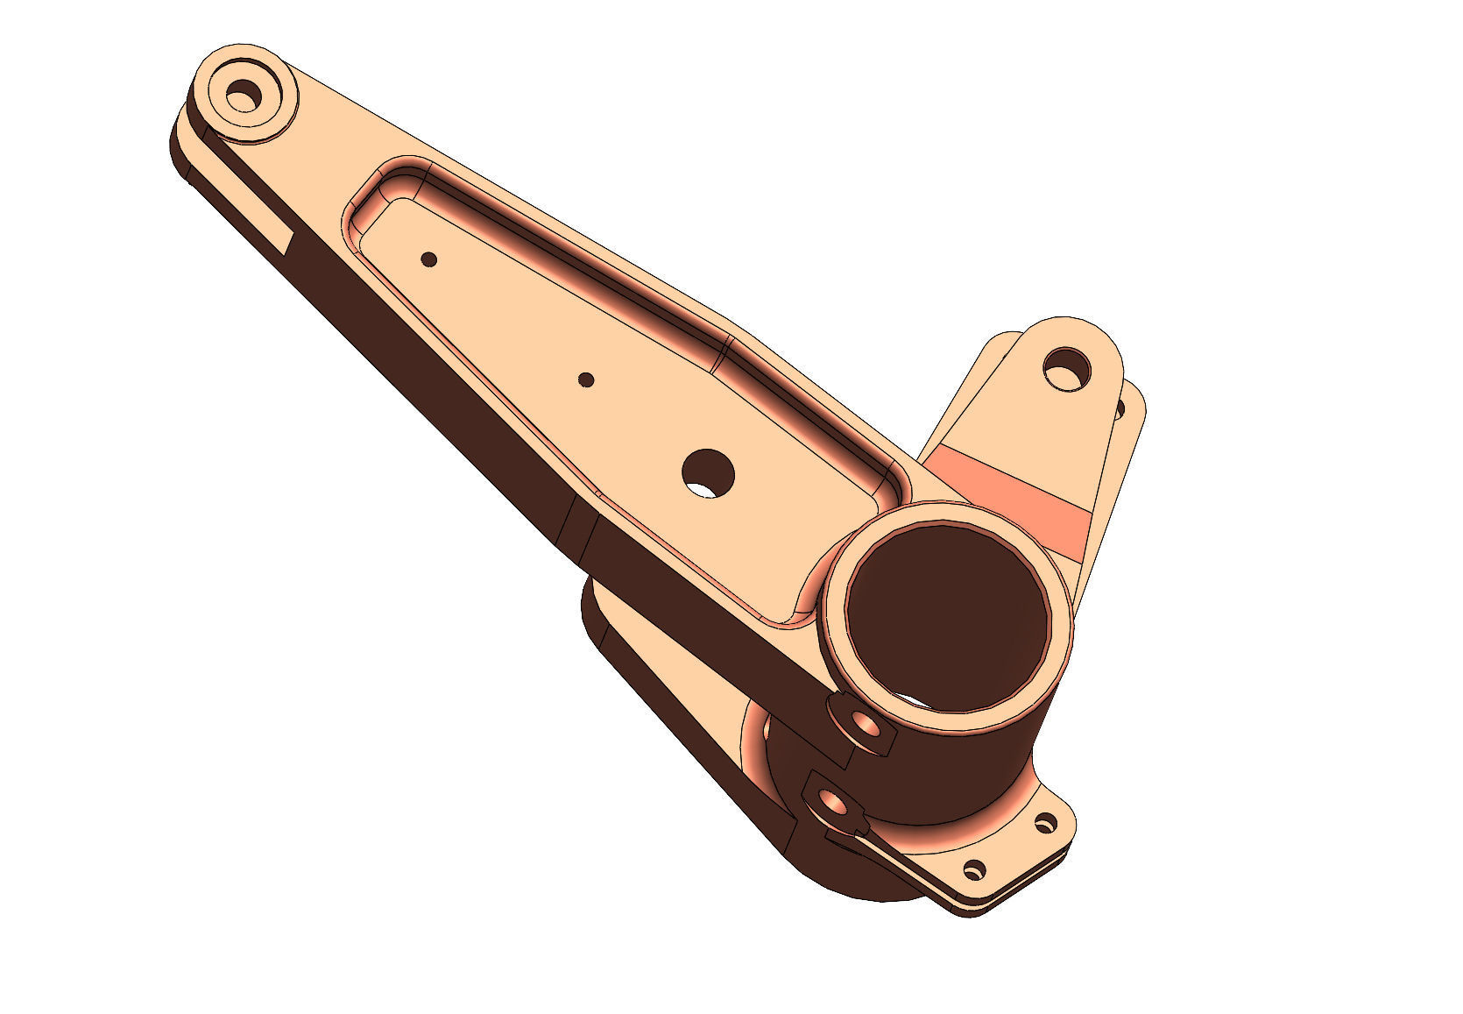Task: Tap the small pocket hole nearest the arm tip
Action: click(x=429, y=259)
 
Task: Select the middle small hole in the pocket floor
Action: click(x=587, y=379)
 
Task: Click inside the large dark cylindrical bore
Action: click(x=946, y=613)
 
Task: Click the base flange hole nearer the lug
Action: click(x=1045, y=823)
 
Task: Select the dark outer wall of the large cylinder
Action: click(x=955, y=771)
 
